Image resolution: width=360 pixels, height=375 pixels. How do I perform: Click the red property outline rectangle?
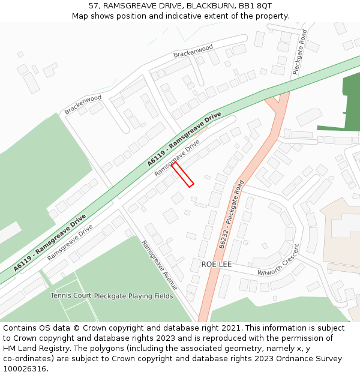tap(183, 174)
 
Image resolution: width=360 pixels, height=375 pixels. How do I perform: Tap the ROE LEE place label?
tap(216, 264)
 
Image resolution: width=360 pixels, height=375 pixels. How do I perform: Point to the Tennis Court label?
tap(71, 296)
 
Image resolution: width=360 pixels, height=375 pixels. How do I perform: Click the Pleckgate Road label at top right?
tap(299, 52)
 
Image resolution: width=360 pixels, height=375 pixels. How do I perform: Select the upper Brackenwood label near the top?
tap(193, 52)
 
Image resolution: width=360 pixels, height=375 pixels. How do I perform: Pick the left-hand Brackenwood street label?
tap(83, 104)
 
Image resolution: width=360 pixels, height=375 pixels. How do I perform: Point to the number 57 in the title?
tap(94, 5)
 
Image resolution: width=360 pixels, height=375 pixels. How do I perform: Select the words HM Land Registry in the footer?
tap(40, 349)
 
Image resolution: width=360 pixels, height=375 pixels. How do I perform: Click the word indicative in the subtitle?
tap(181, 16)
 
